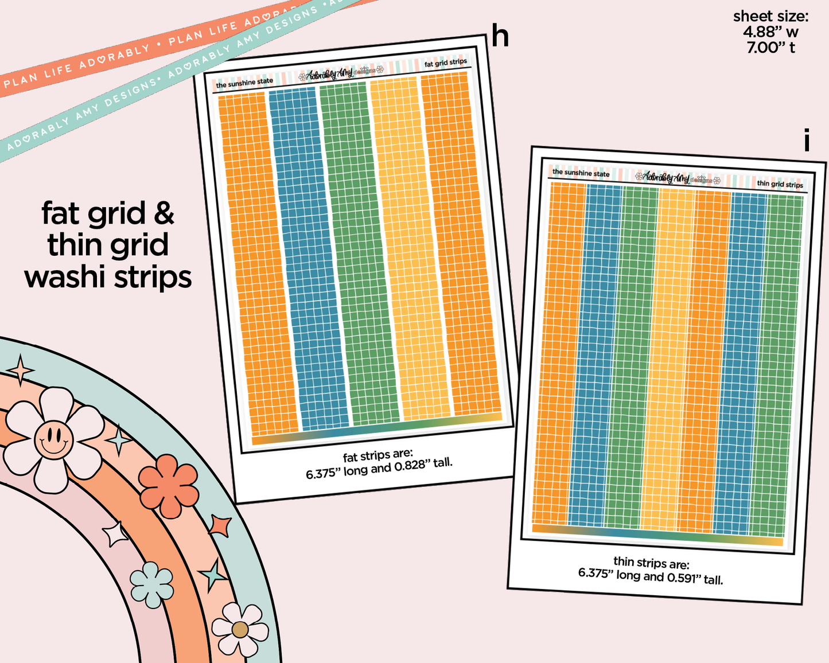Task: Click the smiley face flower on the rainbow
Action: pyautogui.click(x=54, y=439)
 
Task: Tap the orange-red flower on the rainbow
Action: pyautogui.click(x=169, y=486)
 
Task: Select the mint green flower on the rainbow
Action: pyautogui.click(x=151, y=584)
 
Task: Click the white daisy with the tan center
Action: pyautogui.click(x=240, y=630)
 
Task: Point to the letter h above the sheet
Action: pyautogui.click(x=500, y=36)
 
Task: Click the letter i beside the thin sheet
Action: pyautogui.click(x=807, y=141)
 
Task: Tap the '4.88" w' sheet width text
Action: pyautogui.click(x=770, y=32)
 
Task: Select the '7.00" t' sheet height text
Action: pyautogui.click(x=770, y=48)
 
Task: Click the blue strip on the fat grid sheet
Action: pyautogui.click(x=309, y=258)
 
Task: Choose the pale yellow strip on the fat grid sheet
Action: pyautogui.click(x=410, y=247)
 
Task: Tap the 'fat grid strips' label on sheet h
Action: pyautogui.click(x=446, y=63)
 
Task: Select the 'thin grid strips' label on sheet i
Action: pyautogui.click(x=780, y=184)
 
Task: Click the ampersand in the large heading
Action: pyautogui.click(x=164, y=213)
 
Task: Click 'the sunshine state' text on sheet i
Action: pyautogui.click(x=581, y=173)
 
